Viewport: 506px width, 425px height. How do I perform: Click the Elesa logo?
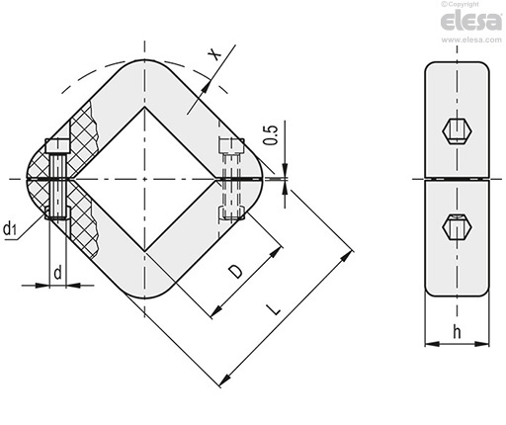(470, 21)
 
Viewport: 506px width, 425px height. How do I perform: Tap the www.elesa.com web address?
(471, 40)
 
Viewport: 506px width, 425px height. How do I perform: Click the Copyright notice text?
(460, 4)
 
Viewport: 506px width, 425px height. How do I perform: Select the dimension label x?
(214, 54)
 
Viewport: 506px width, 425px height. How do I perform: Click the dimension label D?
(236, 272)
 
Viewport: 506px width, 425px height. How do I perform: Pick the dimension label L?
(274, 309)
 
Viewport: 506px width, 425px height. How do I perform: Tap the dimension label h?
(457, 331)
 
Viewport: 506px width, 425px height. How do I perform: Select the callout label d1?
(10, 228)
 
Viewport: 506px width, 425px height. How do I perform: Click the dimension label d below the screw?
(57, 273)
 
